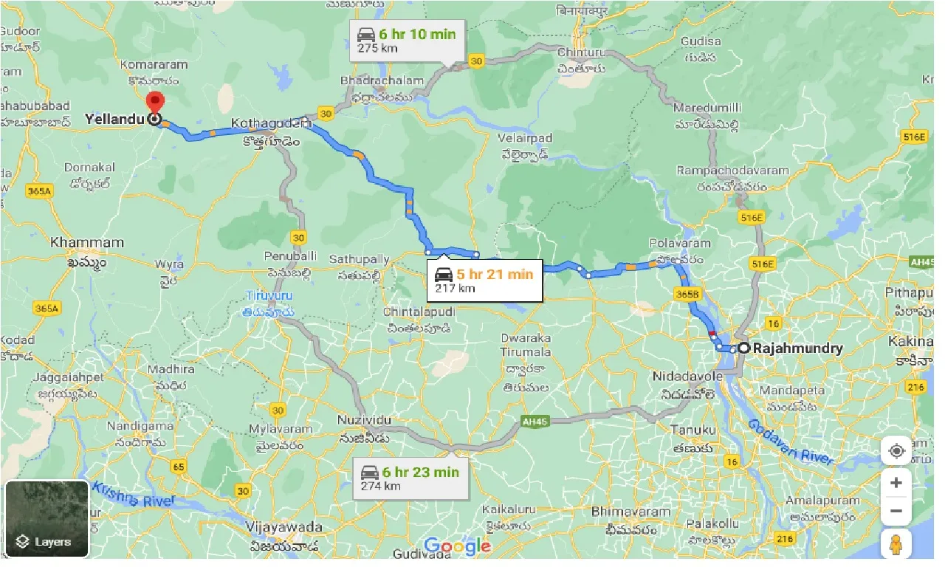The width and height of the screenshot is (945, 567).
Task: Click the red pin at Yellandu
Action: pos(155,103)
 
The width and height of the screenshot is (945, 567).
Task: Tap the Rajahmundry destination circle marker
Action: pos(744,348)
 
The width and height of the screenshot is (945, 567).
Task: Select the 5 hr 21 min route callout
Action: pos(485,281)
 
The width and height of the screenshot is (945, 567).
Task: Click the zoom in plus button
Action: pos(896,483)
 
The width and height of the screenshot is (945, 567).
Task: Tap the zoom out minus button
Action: pos(896,510)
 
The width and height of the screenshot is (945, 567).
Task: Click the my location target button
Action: pos(896,450)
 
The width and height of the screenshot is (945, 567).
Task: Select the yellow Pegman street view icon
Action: pos(896,545)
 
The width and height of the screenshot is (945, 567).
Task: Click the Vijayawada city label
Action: pos(286,527)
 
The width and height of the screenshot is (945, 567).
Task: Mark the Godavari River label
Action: pos(791,442)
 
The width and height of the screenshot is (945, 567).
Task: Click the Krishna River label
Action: pos(137,500)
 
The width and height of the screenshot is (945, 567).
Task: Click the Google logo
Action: pos(458,546)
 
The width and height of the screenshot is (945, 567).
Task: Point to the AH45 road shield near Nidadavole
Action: pos(536,421)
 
